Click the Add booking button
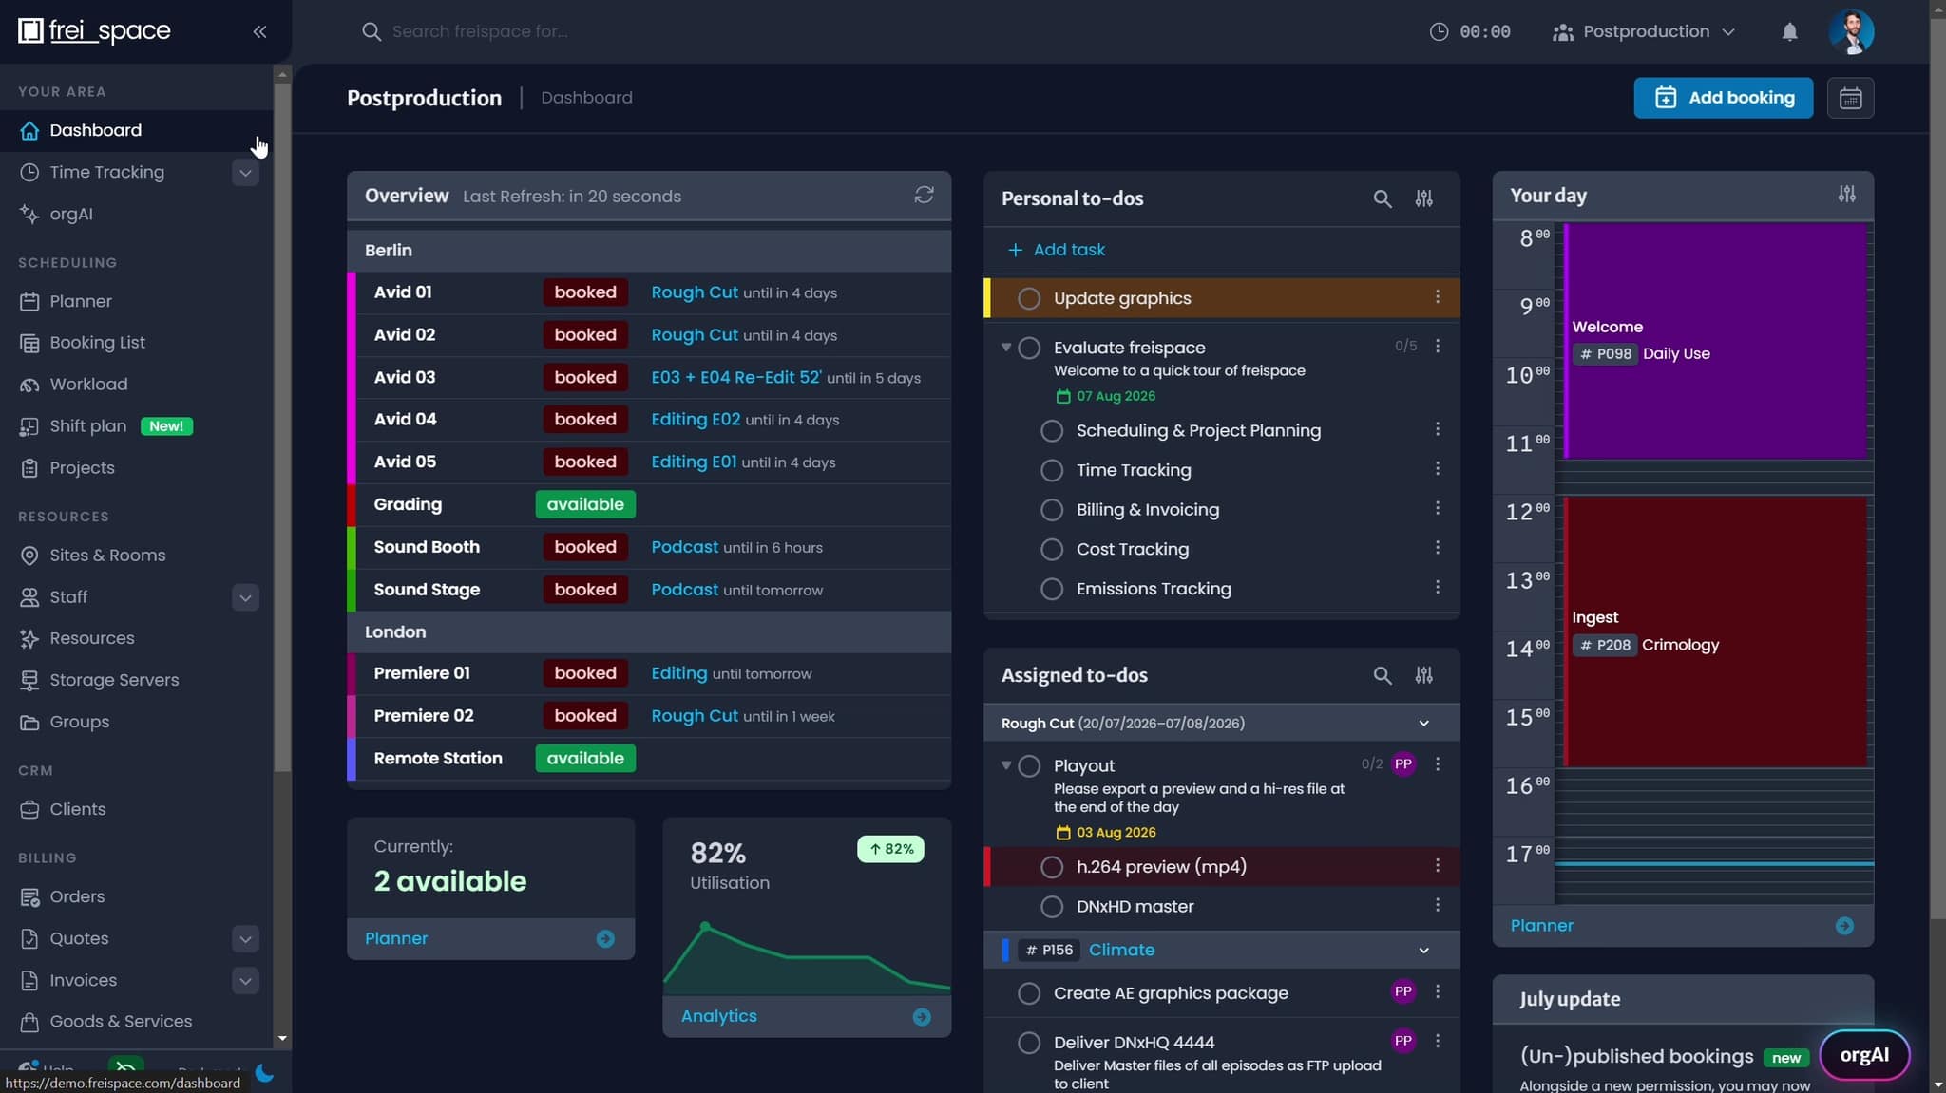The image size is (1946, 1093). click(1723, 98)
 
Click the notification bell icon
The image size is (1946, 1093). click(1789, 31)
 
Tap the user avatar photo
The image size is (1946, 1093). click(1851, 31)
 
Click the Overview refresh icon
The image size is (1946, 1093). click(924, 195)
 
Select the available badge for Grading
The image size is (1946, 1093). click(585, 504)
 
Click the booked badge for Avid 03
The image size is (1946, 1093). click(585, 377)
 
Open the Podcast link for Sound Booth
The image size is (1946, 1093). click(684, 547)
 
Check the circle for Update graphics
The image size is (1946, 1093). click(1029, 298)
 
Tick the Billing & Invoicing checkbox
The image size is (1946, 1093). click(1052, 510)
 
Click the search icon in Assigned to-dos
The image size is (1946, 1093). click(1383, 675)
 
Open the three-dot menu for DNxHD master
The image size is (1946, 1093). click(1438, 905)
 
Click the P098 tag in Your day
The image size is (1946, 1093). click(1606, 354)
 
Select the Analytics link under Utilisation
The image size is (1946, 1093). click(719, 1016)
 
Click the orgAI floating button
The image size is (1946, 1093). click(1864, 1055)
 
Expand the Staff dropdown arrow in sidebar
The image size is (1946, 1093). click(245, 597)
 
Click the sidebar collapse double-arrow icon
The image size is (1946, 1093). click(259, 31)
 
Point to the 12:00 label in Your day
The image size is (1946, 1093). click(1527, 512)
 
